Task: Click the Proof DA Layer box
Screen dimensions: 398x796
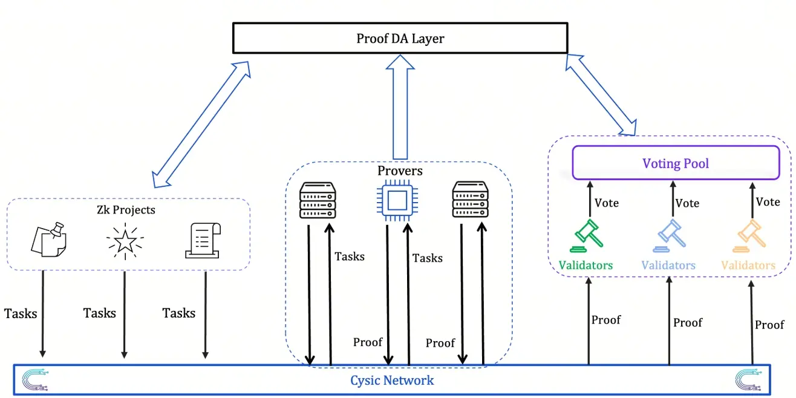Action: tap(400, 38)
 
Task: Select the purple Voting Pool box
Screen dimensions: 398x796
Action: tap(676, 163)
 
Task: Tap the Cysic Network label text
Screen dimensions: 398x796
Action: tap(392, 380)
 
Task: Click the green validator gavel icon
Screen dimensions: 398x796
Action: tap(586, 237)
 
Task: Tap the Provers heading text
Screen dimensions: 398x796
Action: tap(400, 171)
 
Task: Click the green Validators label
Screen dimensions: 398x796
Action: tap(586, 265)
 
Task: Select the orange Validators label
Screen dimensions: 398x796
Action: tap(748, 265)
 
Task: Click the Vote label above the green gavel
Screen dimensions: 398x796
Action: tap(606, 203)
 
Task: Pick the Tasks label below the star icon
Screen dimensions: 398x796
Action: tap(99, 313)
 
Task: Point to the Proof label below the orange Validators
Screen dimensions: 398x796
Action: tap(769, 325)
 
